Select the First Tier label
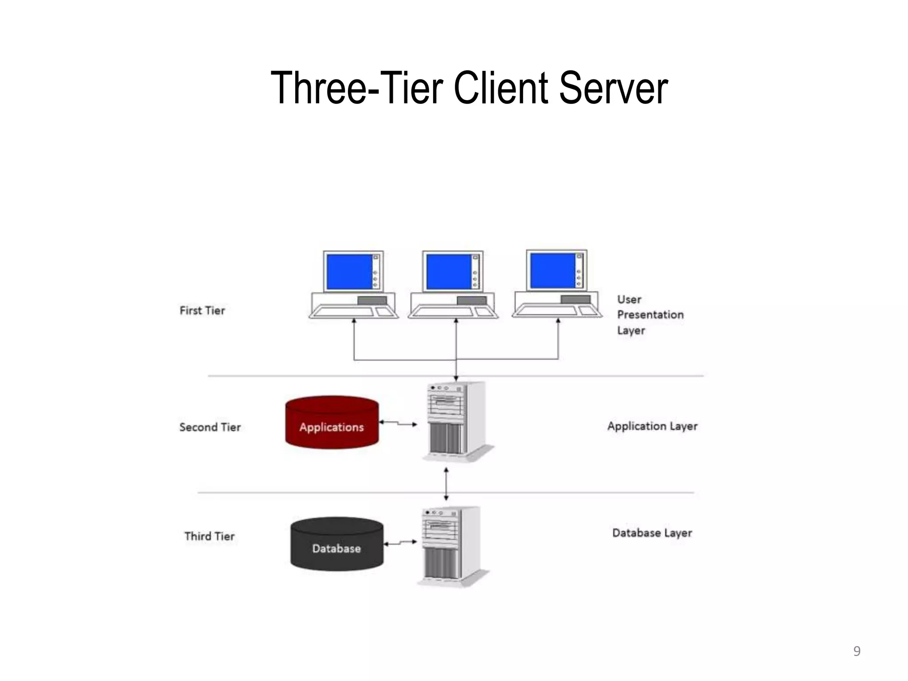tap(202, 310)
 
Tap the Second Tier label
tap(210, 427)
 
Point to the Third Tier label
tap(209, 536)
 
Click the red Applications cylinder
tap(332, 423)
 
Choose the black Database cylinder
tap(337, 544)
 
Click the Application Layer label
tap(652, 426)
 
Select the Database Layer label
tap(652, 533)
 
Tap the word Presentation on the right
tap(650, 315)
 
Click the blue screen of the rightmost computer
tap(552, 270)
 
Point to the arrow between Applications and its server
tap(398, 423)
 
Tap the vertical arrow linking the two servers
tap(446, 484)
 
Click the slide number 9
tap(857, 651)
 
